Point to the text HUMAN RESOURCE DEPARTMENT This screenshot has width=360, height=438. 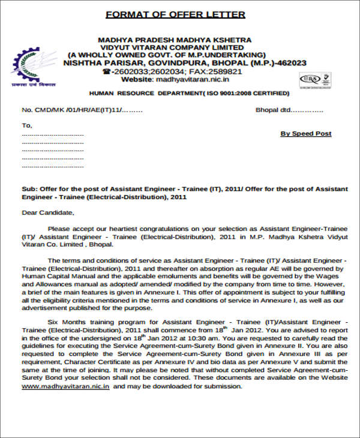(145, 94)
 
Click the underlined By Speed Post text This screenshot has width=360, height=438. (305, 134)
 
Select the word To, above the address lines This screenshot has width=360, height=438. (27, 125)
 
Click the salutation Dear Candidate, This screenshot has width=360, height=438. (48, 212)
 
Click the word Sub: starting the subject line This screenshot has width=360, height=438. (29, 188)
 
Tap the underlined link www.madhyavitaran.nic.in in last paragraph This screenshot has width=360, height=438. (66, 386)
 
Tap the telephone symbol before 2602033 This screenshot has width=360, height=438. (106, 71)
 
